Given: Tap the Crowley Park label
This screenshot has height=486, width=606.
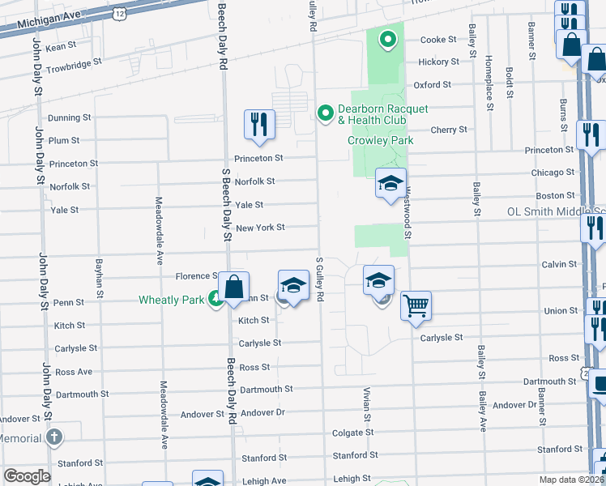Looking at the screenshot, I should pyautogui.click(x=381, y=140).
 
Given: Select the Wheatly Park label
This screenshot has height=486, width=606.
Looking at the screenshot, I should pyautogui.click(x=171, y=300).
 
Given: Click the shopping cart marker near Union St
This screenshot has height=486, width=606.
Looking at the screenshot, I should pyautogui.click(x=416, y=306).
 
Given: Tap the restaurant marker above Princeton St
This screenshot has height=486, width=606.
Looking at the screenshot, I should pyautogui.click(x=259, y=124).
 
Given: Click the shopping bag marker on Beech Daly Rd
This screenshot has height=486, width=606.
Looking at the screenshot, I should pyautogui.click(x=233, y=288).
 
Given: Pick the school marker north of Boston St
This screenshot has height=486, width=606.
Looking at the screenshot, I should pyautogui.click(x=390, y=183).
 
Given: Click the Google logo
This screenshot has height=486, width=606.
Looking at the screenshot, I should pyautogui.click(x=27, y=475).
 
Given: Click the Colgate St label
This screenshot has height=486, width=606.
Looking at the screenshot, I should pyautogui.click(x=352, y=433).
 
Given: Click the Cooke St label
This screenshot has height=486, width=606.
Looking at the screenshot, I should pyautogui.click(x=438, y=40).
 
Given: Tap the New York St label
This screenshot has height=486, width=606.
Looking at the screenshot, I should pyautogui.click(x=260, y=228).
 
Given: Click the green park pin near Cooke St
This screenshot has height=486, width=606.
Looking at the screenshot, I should pyautogui.click(x=388, y=38).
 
